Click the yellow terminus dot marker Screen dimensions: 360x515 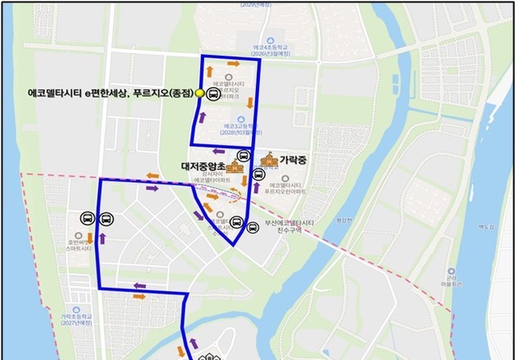tap(198, 94)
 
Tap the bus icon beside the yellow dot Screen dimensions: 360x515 tap(212, 94)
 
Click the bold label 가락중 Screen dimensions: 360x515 tap(292, 160)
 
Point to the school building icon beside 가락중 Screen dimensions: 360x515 tap(267, 161)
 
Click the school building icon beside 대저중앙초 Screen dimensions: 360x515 tap(235, 168)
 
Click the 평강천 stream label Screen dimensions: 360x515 tap(342, 221)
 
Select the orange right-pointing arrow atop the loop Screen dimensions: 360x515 tap(234, 63)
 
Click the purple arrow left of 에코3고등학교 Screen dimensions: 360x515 tap(201, 118)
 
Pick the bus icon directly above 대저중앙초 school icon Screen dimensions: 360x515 tap(244, 156)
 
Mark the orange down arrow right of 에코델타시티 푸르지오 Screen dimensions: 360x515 tap(250, 103)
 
